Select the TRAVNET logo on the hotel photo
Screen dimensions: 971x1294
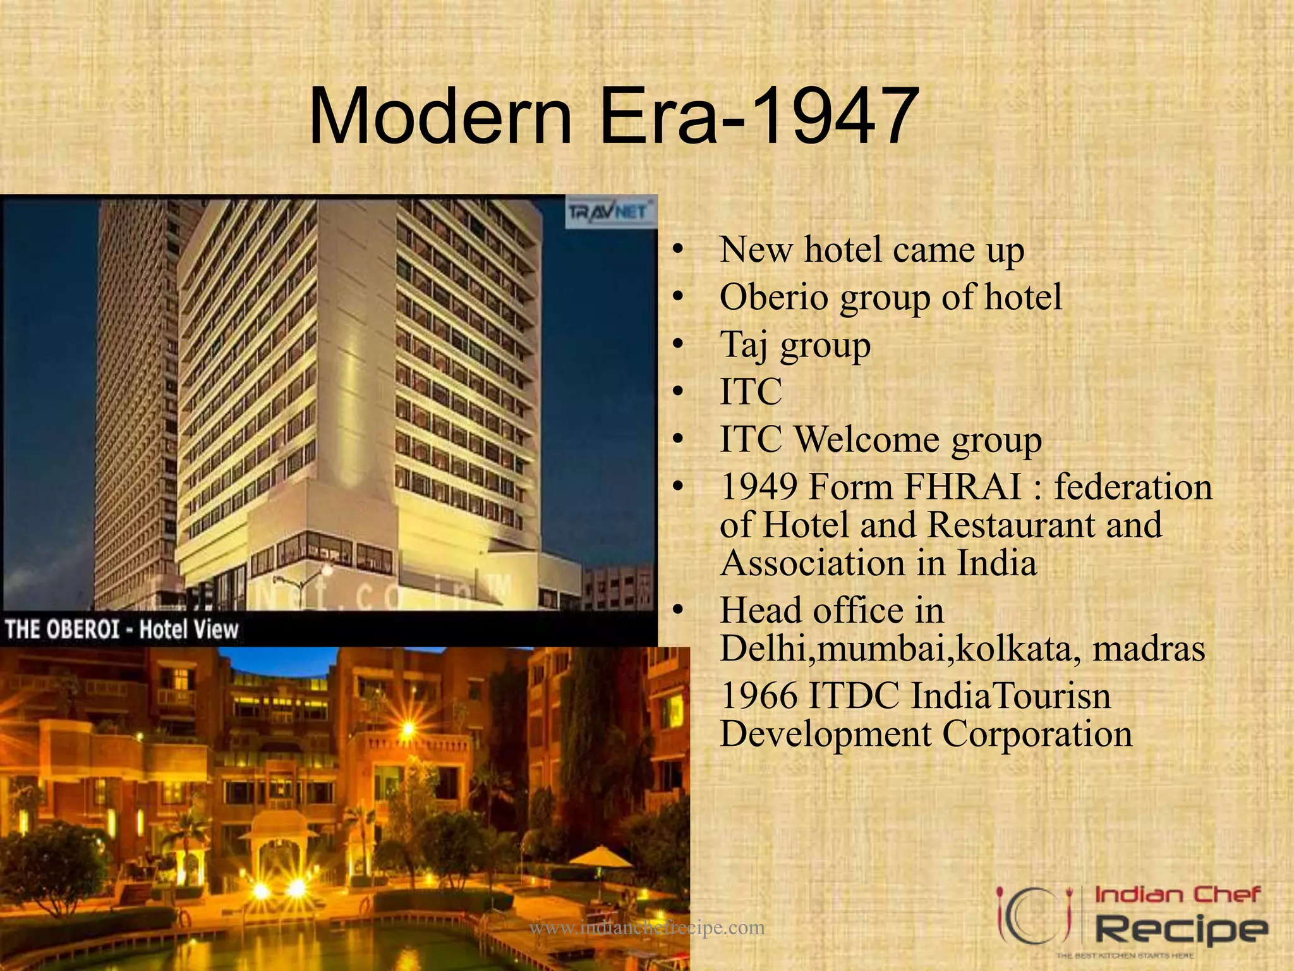tap(608, 212)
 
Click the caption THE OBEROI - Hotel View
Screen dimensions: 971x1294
tap(122, 630)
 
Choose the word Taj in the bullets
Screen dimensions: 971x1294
tap(744, 345)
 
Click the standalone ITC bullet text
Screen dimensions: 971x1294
tap(751, 391)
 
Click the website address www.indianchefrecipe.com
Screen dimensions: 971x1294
tap(646, 928)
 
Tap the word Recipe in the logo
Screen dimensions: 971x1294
tap(1180, 930)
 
